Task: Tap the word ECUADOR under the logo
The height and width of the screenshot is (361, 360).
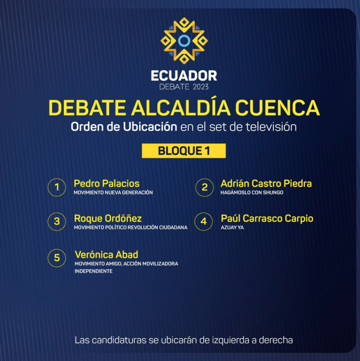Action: (x=184, y=75)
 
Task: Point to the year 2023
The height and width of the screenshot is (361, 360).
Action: (x=201, y=87)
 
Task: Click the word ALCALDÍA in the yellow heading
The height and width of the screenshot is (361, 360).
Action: (x=181, y=108)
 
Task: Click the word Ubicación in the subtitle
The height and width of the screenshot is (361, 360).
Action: (x=150, y=127)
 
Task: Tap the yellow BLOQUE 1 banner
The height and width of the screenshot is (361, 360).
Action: (x=184, y=151)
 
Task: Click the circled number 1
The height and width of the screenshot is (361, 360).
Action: (x=57, y=188)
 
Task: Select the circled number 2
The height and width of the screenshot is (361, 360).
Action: (x=204, y=188)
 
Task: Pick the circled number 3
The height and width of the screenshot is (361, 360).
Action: (x=57, y=221)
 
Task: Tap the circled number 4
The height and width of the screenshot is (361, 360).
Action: (x=204, y=221)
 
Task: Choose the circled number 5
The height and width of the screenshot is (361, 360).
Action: (x=57, y=258)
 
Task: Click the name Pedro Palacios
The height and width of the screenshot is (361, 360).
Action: (x=107, y=183)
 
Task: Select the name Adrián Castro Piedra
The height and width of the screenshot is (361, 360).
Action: (x=266, y=183)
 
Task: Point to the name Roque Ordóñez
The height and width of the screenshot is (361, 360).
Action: (x=108, y=219)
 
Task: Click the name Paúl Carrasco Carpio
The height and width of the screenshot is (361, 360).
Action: (x=267, y=219)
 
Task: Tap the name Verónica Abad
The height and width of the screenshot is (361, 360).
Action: (x=107, y=255)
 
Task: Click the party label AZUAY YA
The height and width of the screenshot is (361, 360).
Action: (x=232, y=227)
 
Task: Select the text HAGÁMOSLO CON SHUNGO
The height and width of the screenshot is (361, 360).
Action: (x=252, y=192)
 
